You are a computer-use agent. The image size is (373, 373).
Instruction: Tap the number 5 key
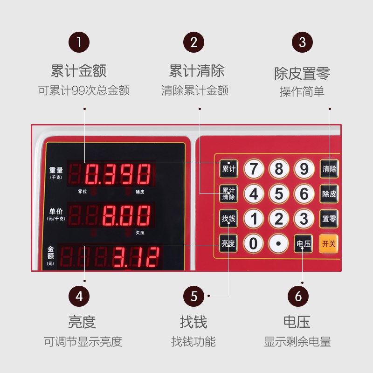click(279, 194)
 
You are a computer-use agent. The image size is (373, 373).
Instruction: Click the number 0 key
click(253, 243)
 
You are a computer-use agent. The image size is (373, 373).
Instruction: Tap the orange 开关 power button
click(329, 243)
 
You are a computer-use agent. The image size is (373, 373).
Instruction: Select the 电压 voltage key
click(304, 243)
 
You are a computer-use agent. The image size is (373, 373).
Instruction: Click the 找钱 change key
click(228, 219)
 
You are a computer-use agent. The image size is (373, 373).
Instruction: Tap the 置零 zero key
click(329, 219)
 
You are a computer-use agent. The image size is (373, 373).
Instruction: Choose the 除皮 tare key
click(329, 194)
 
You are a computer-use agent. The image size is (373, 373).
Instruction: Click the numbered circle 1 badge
click(79, 42)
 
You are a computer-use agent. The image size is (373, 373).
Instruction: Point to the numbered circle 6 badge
click(298, 296)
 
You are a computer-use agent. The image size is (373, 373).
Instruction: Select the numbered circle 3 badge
click(302, 42)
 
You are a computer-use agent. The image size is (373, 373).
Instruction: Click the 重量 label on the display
click(56, 170)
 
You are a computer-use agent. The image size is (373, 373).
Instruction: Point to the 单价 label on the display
click(56, 211)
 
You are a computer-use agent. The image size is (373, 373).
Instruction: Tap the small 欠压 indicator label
click(140, 233)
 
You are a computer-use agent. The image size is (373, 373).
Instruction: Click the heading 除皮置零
click(302, 73)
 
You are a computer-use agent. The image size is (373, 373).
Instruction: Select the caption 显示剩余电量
click(297, 342)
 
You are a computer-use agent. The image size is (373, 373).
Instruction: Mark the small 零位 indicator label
click(83, 192)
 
